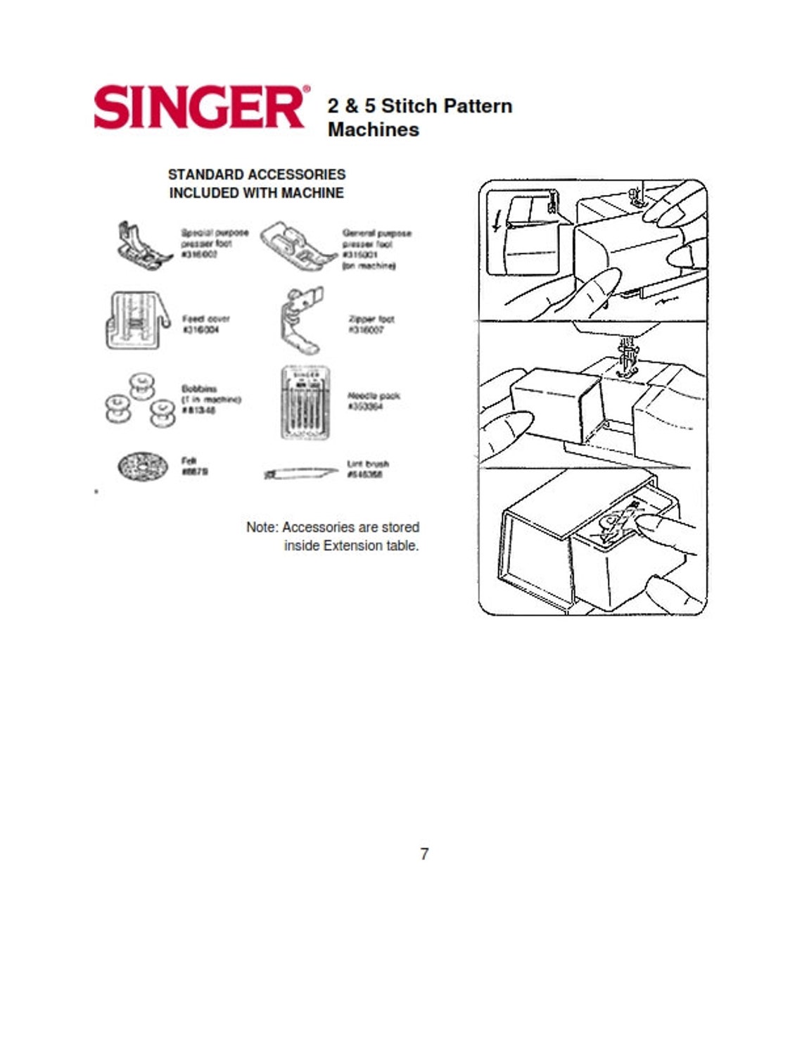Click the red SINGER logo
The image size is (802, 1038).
tap(198, 107)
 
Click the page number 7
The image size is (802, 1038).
tap(424, 854)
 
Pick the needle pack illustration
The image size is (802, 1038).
tap(305, 403)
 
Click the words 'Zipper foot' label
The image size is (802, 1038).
tap(371, 319)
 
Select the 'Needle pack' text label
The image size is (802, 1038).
tap(374, 395)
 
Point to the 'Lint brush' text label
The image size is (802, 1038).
tap(367, 464)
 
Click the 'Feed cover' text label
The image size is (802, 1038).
tap(205, 319)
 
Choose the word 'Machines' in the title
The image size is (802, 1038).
tap(373, 129)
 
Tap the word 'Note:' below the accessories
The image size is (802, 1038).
tap(262, 527)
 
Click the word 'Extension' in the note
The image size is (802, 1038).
tap(352, 545)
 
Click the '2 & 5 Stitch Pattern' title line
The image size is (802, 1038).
tap(419, 106)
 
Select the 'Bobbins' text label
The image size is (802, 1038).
tap(199, 388)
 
